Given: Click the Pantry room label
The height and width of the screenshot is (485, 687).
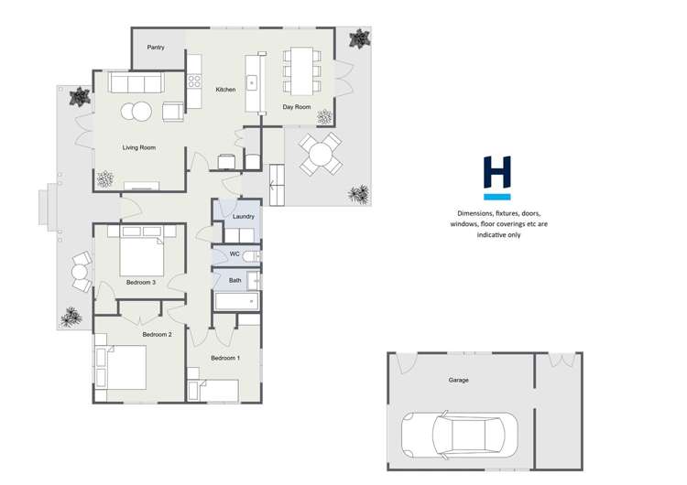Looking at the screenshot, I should (x=156, y=47).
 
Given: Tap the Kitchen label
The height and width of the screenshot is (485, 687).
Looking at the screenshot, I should (x=225, y=90).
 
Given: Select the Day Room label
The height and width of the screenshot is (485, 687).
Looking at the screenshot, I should (x=296, y=107).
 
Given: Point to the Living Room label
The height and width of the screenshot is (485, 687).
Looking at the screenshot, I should (x=139, y=147).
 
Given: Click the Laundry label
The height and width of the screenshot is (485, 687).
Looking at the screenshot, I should (x=243, y=217).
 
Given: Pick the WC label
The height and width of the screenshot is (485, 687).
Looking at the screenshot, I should (x=234, y=253).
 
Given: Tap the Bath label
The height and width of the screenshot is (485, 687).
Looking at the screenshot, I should (x=235, y=280).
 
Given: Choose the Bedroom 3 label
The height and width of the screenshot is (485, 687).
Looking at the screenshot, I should (x=141, y=282).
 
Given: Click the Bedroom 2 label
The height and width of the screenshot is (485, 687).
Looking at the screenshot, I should (x=157, y=335).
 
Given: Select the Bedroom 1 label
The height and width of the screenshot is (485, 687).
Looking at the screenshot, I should (x=224, y=357).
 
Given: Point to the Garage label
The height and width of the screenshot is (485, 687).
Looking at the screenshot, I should (x=459, y=380).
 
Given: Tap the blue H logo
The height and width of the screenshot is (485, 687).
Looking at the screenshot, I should (x=497, y=177).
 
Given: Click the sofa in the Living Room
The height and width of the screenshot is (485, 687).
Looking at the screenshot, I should (x=135, y=82).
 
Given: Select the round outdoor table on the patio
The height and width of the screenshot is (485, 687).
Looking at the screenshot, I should (x=321, y=154).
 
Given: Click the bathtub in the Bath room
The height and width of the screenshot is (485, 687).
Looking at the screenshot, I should (x=236, y=301).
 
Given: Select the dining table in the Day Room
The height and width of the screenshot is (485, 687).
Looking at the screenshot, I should (x=300, y=68).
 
